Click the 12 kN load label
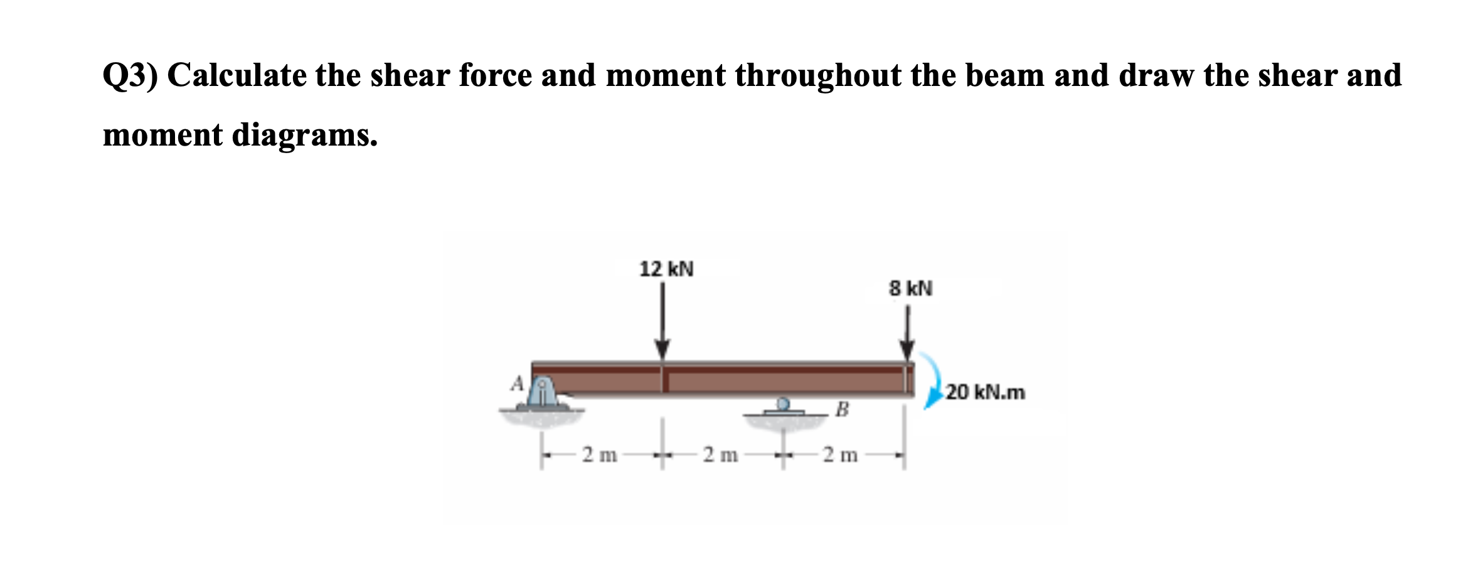click(666, 269)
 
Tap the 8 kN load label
click(910, 289)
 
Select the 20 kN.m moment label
click(986, 393)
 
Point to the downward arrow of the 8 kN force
click(907, 333)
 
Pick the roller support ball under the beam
click(783, 403)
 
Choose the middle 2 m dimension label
click(720, 454)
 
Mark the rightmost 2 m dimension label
click(841, 454)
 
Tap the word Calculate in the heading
click(235, 76)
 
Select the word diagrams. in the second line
click(305, 135)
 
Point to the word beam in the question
click(1005, 76)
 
